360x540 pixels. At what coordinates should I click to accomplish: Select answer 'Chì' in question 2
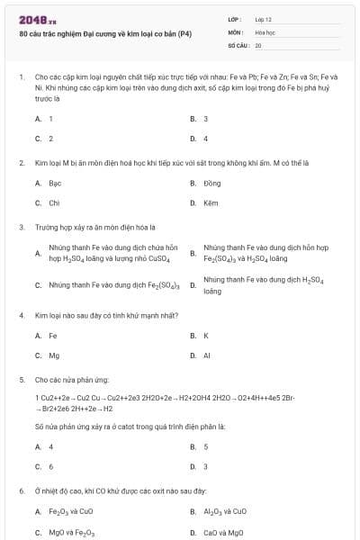point(53,202)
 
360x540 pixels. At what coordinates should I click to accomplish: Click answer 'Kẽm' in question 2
point(211,202)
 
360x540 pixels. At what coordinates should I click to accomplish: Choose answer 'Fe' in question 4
point(52,336)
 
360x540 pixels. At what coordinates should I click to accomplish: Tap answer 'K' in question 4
point(206,336)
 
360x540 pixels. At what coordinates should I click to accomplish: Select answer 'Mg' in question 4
point(54,355)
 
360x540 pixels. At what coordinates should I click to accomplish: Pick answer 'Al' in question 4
point(207,355)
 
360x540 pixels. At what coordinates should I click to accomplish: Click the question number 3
point(21,228)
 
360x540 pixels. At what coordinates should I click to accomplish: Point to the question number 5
point(21,381)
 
